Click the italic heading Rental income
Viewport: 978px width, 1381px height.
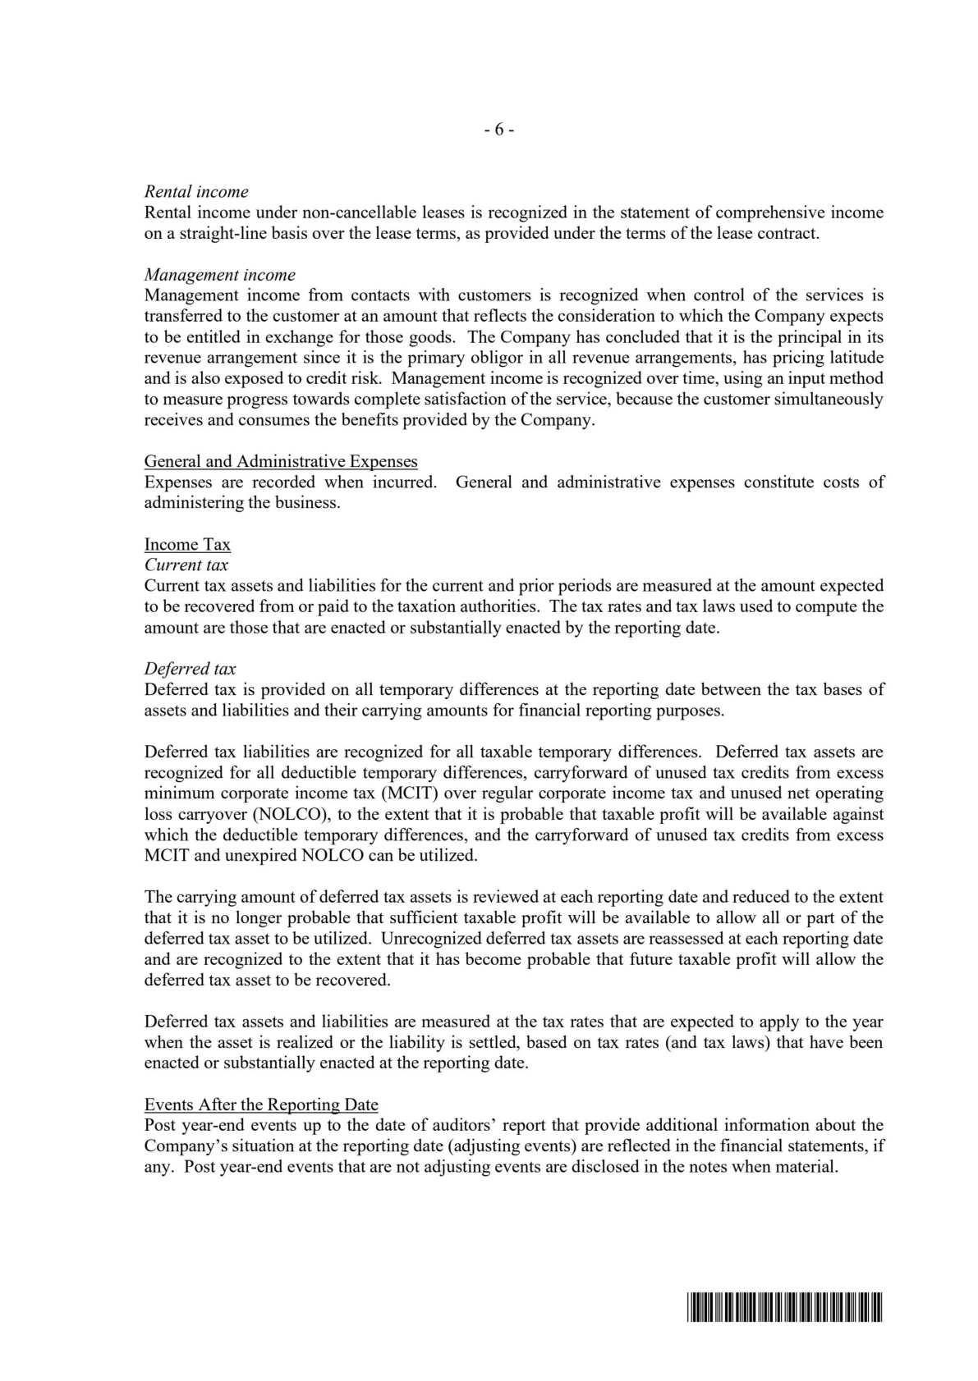196,192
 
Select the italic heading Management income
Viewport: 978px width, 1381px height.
219,275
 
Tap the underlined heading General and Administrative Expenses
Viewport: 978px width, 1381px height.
281,461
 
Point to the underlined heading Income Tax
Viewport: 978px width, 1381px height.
187,544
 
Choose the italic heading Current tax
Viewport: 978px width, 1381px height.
186,565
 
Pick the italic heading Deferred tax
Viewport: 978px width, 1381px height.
190,669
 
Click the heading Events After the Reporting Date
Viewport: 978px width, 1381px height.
261,1104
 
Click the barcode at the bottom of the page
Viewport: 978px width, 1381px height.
782,1308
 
